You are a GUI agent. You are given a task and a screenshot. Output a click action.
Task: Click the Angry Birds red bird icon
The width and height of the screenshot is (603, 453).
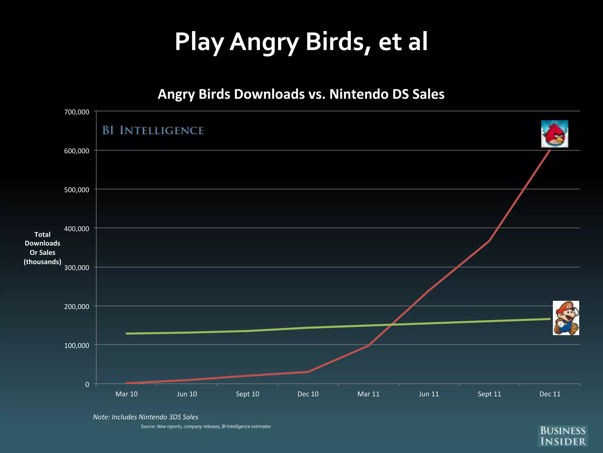click(554, 134)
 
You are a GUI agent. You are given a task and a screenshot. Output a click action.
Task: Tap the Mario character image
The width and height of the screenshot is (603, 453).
click(566, 318)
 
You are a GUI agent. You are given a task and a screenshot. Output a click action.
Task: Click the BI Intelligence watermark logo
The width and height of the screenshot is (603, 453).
click(153, 130)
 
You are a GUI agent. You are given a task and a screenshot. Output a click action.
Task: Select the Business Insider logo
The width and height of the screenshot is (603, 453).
click(563, 436)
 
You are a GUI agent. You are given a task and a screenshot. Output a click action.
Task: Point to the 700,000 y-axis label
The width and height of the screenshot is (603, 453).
click(77, 112)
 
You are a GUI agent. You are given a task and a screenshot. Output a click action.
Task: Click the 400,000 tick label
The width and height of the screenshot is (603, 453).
click(77, 229)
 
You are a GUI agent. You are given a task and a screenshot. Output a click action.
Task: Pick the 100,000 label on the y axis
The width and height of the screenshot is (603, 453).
click(77, 345)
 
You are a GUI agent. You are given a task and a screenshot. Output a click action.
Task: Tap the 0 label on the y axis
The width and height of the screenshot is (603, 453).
click(87, 385)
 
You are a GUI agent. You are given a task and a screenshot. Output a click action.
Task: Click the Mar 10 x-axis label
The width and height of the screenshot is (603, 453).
click(126, 394)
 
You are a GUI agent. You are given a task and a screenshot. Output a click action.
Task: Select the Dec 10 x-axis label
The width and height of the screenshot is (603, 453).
click(308, 394)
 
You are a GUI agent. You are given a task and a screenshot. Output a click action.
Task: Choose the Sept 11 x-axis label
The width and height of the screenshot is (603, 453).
click(489, 394)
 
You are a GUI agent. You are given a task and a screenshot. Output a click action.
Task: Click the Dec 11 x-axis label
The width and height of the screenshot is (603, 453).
click(550, 394)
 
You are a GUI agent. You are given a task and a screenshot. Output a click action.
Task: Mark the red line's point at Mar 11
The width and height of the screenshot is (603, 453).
click(368, 345)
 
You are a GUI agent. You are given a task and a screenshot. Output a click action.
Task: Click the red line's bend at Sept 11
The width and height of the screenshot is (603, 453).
click(489, 241)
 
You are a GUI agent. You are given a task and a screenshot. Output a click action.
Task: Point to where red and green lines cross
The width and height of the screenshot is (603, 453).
click(392, 325)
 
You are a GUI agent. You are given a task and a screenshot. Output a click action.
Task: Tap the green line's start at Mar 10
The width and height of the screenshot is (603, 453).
click(127, 334)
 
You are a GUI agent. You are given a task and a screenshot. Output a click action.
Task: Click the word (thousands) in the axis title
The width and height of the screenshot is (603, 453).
click(42, 262)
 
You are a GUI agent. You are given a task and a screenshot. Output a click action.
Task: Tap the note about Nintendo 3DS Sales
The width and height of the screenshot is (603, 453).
click(145, 417)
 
